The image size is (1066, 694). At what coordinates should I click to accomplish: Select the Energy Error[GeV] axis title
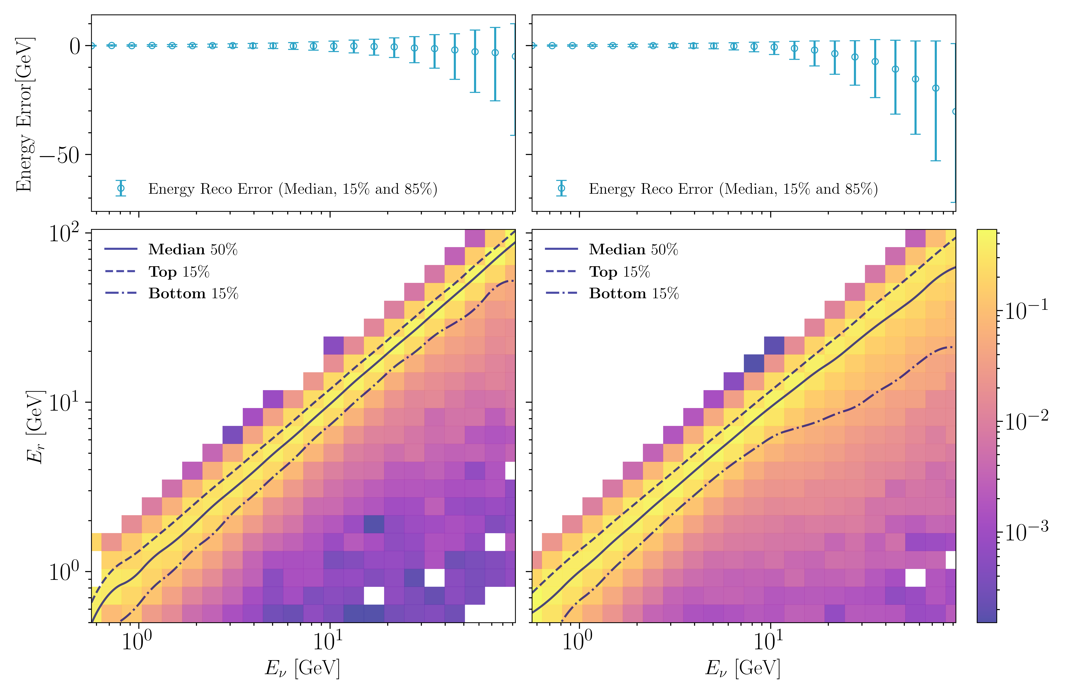25,114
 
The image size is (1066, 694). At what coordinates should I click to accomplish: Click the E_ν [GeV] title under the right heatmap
743,668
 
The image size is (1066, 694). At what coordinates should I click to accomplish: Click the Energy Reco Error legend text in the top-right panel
733,189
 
